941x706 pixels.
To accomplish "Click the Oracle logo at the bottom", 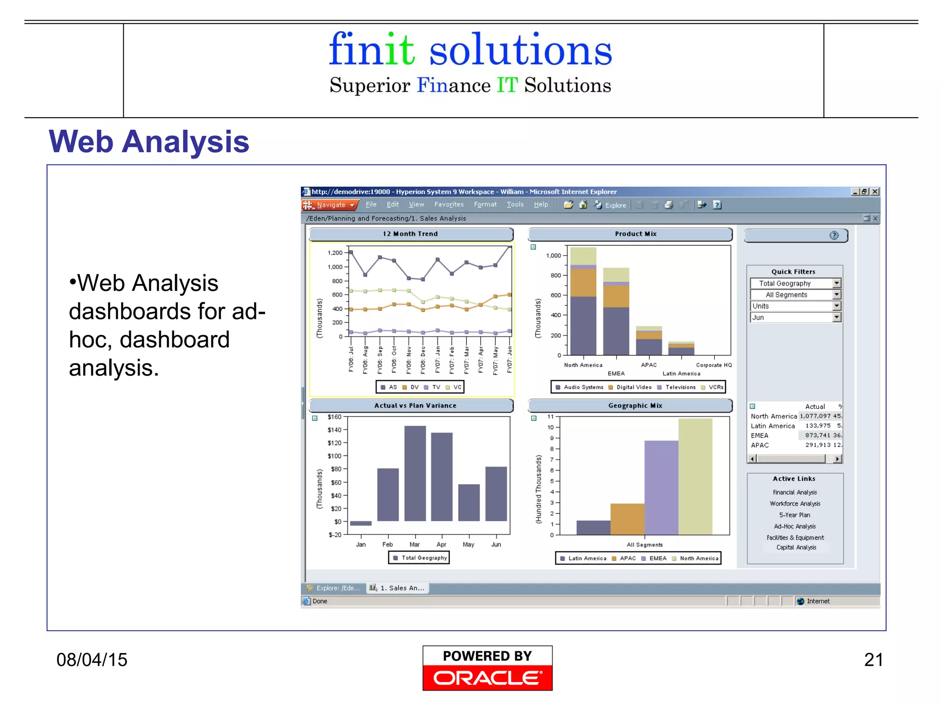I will [x=488, y=668].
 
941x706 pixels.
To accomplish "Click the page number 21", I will [x=873, y=660].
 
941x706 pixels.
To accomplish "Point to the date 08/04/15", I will [x=92, y=660].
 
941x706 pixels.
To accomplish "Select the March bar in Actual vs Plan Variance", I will [x=415, y=473].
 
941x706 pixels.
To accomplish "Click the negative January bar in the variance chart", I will [x=361, y=523].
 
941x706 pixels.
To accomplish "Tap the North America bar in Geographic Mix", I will [x=695, y=476].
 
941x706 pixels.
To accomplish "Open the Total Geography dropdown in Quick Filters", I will [x=836, y=284].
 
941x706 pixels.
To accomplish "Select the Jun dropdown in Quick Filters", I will [x=836, y=318].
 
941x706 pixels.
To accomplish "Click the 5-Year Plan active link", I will [x=794, y=515].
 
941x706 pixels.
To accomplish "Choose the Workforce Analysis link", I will [x=795, y=504].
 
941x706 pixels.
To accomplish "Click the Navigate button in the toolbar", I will [x=330, y=205].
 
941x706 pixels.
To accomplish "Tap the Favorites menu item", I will [x=448, y=205].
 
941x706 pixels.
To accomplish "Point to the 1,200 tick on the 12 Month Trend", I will [x=335, y=253].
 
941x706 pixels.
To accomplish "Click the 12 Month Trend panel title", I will [x=410, y=234].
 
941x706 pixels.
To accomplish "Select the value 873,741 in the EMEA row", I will [x=817, y=435].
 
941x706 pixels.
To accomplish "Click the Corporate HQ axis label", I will [x=714, y=365].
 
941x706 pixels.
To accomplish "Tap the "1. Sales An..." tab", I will [x=397, y=588].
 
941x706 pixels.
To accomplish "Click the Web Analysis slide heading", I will [x=149, y=142].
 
